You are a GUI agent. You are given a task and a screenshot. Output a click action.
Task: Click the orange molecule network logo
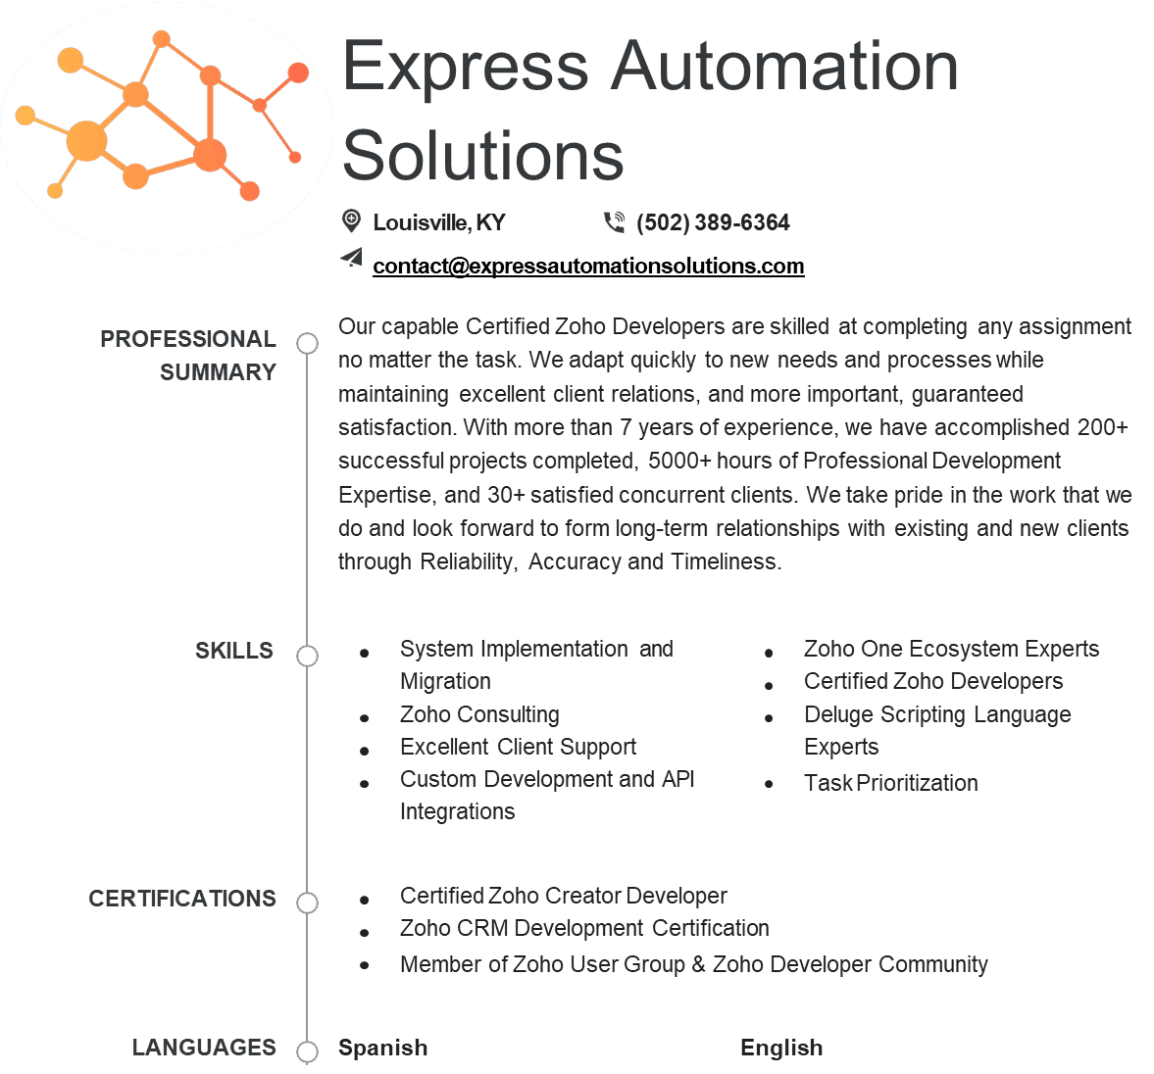click(x=162, y=118)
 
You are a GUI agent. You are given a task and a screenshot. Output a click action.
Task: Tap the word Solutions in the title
click(x=482, y=155)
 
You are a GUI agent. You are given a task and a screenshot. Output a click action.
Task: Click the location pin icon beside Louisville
click(x=352, y=220)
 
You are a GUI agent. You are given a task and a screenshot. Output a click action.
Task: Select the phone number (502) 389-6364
click(x=713, y=222)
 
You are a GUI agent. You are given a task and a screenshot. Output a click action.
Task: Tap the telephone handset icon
click(x=614, y=221)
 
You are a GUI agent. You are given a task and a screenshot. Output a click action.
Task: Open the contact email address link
click(x=588, y=266)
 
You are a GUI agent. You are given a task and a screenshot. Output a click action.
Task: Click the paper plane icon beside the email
click(x=352, y=257)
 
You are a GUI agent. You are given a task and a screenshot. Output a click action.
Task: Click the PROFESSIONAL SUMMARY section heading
click(x=188, y=356)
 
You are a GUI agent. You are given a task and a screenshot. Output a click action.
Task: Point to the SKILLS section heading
click(x=234, y=651)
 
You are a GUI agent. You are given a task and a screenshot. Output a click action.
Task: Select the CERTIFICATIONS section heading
click(x=182, y=899)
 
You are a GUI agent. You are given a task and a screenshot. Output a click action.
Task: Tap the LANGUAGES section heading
click(x=204, y=1047)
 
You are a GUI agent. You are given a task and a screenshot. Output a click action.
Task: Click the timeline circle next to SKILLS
click(x=307, y=656)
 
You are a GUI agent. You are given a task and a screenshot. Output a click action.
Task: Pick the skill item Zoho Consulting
click(x=479, y=714)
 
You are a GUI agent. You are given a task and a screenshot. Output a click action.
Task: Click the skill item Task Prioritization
click(x=890, y=783)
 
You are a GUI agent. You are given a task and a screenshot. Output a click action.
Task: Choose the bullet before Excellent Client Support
click(x=365, y=751)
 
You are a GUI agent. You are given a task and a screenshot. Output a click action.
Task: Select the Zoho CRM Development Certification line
click(x=584, y=928)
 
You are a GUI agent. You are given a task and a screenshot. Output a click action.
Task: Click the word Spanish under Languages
click(x=382, y=1048)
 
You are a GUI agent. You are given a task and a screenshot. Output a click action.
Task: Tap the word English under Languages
click(x=781, y=1048)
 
